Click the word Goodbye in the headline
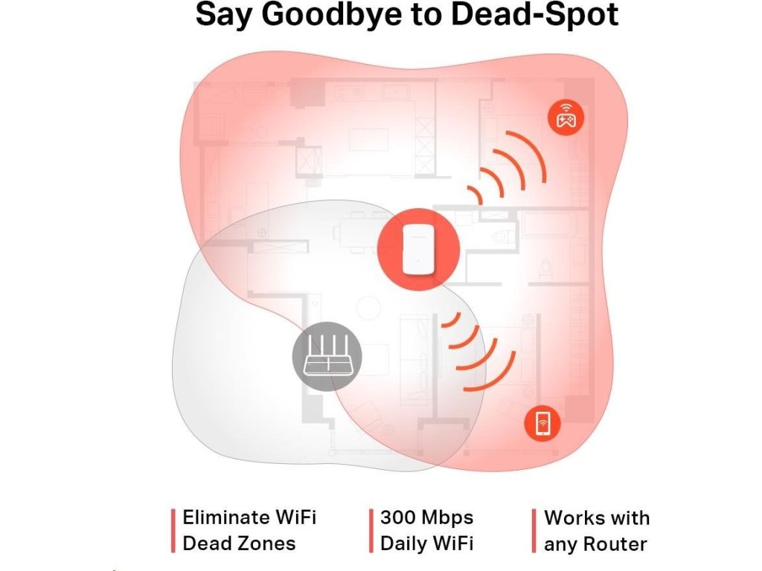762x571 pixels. (331, 14)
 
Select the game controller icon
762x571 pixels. (566, 117)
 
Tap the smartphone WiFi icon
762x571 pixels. (542, 423)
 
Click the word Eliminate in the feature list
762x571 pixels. (226, 517)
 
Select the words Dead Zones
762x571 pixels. (239, 543)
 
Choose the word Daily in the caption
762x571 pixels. (402, 543)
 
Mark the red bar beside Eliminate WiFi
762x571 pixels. (173, 530)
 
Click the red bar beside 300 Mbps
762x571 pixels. (371, 530)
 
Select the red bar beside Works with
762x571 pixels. (534, 530)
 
